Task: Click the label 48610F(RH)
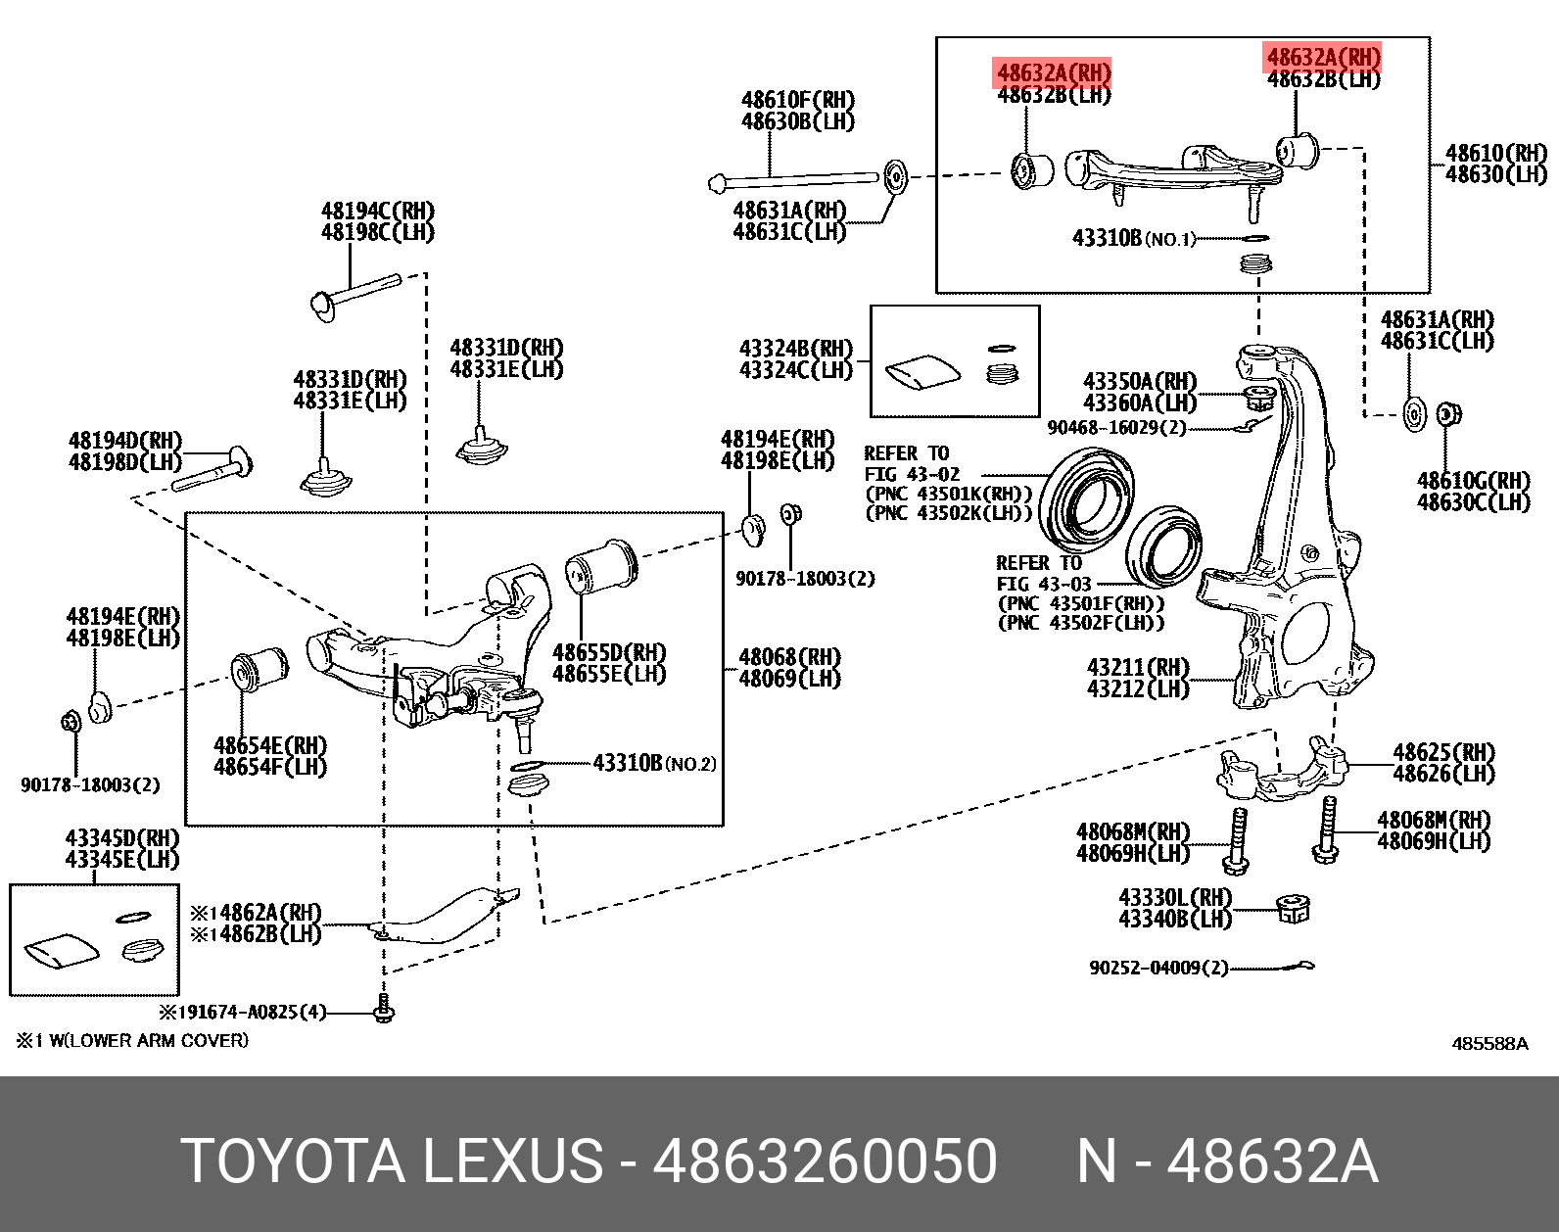coord(797,100)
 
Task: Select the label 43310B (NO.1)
coord(1133,238)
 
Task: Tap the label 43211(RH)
coord(1137,667)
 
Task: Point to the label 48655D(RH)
coord(608,652)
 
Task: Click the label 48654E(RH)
coord(270,745)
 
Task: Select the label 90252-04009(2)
coord(1157,968)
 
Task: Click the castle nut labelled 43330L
coord(1293,910)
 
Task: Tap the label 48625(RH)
coord(1443,752)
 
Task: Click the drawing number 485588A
coord(1488,1044)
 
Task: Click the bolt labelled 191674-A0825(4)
coord(384,1009)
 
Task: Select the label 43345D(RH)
coord(122,838)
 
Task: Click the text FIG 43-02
coord(912,474)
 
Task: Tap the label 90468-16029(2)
coord(1115,428)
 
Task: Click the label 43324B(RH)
coord(795,349)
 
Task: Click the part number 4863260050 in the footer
coord(825,1161)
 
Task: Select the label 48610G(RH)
coord(1473,480)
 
